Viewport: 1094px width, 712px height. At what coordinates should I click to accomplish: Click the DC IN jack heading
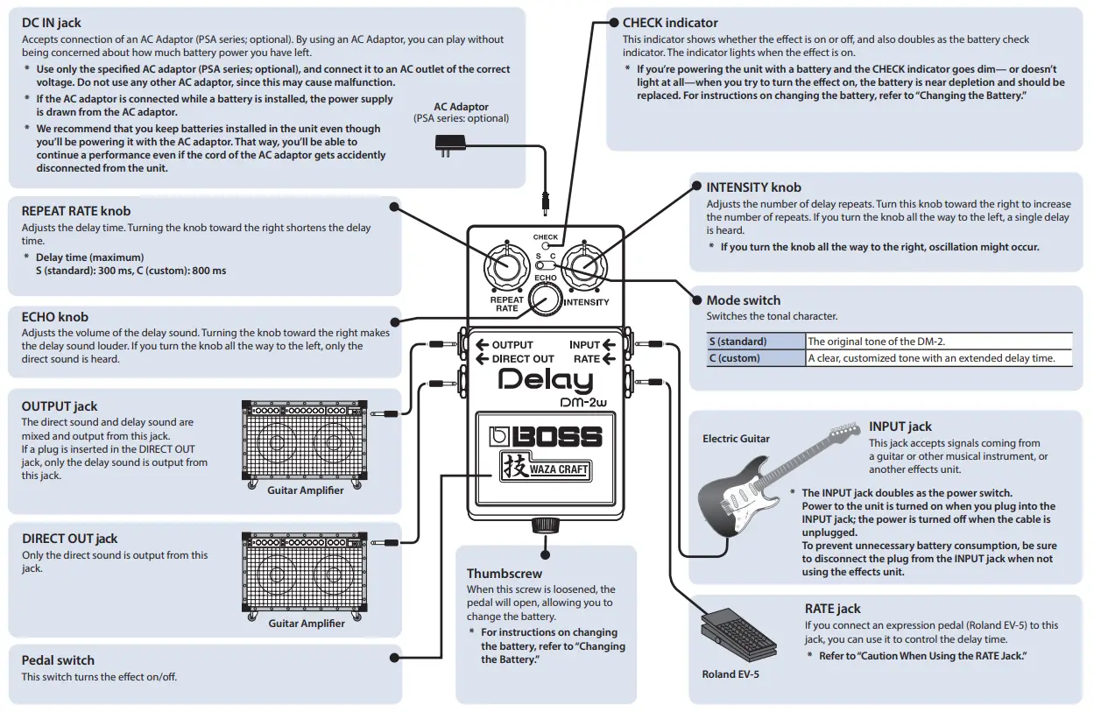pyautogui.click(x=52, y=24)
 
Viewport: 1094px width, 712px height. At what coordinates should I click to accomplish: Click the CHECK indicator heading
pyautogui.click(x=670, y=24)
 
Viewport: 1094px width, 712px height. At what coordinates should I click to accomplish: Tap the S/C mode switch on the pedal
pyautogui.click(x=546, y=265)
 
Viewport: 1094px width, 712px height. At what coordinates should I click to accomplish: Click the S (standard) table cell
pyautogui.click(x=756, y=342)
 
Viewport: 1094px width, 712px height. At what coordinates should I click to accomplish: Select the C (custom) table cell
pyautogui.click(x=756, y=358)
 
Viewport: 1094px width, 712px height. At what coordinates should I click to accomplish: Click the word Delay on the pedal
pyautogui.click(x=545, y=381)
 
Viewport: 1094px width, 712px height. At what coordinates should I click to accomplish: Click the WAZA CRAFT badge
pyautogui.click(x=545, y=469)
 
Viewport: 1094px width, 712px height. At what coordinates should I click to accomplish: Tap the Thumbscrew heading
pyautogui.click(x=505, y=575)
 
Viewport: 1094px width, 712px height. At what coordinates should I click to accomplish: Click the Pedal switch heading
pyautogui.click(x=58, y=660)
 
